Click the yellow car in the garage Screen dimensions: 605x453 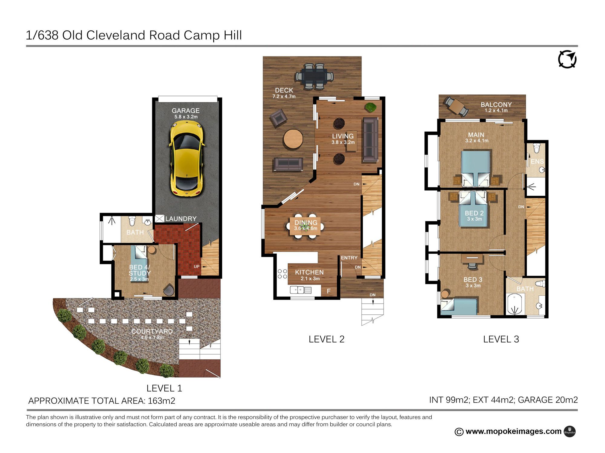pyautogui.click(x=187, y=159)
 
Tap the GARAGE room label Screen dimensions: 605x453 pyautogui.click(x=186, y=111)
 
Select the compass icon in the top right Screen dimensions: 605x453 pyautogui.click(x=567, y=59)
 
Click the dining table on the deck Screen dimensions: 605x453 pyautogui.click(x=314, y=76)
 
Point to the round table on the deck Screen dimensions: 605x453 pyautogui.click(x=293, y=139)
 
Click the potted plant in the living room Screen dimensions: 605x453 pyautogui.click(x=370, y=107)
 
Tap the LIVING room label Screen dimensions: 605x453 pyautogui.click(x=343, y=136)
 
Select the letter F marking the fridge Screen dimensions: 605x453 pyautogui.click(x=329, y=291)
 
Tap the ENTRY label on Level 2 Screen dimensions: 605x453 pyautogui.click(x=349, y=258)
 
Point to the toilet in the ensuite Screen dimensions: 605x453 pyautogui.click(x=537, y=148)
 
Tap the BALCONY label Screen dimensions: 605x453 pyautogui.click(x=496, y=104)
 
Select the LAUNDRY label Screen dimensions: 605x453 pyautogui.click(x=181, y=219)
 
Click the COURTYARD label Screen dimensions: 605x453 pyautogui.click(x=152, y=331)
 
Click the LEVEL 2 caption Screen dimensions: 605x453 pyautogui.click(x=326, y=339)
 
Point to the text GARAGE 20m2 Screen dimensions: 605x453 pyautogui.click(x=548, y=400)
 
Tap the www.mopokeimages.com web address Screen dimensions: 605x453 pyautogui.click(x=513, y=431)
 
